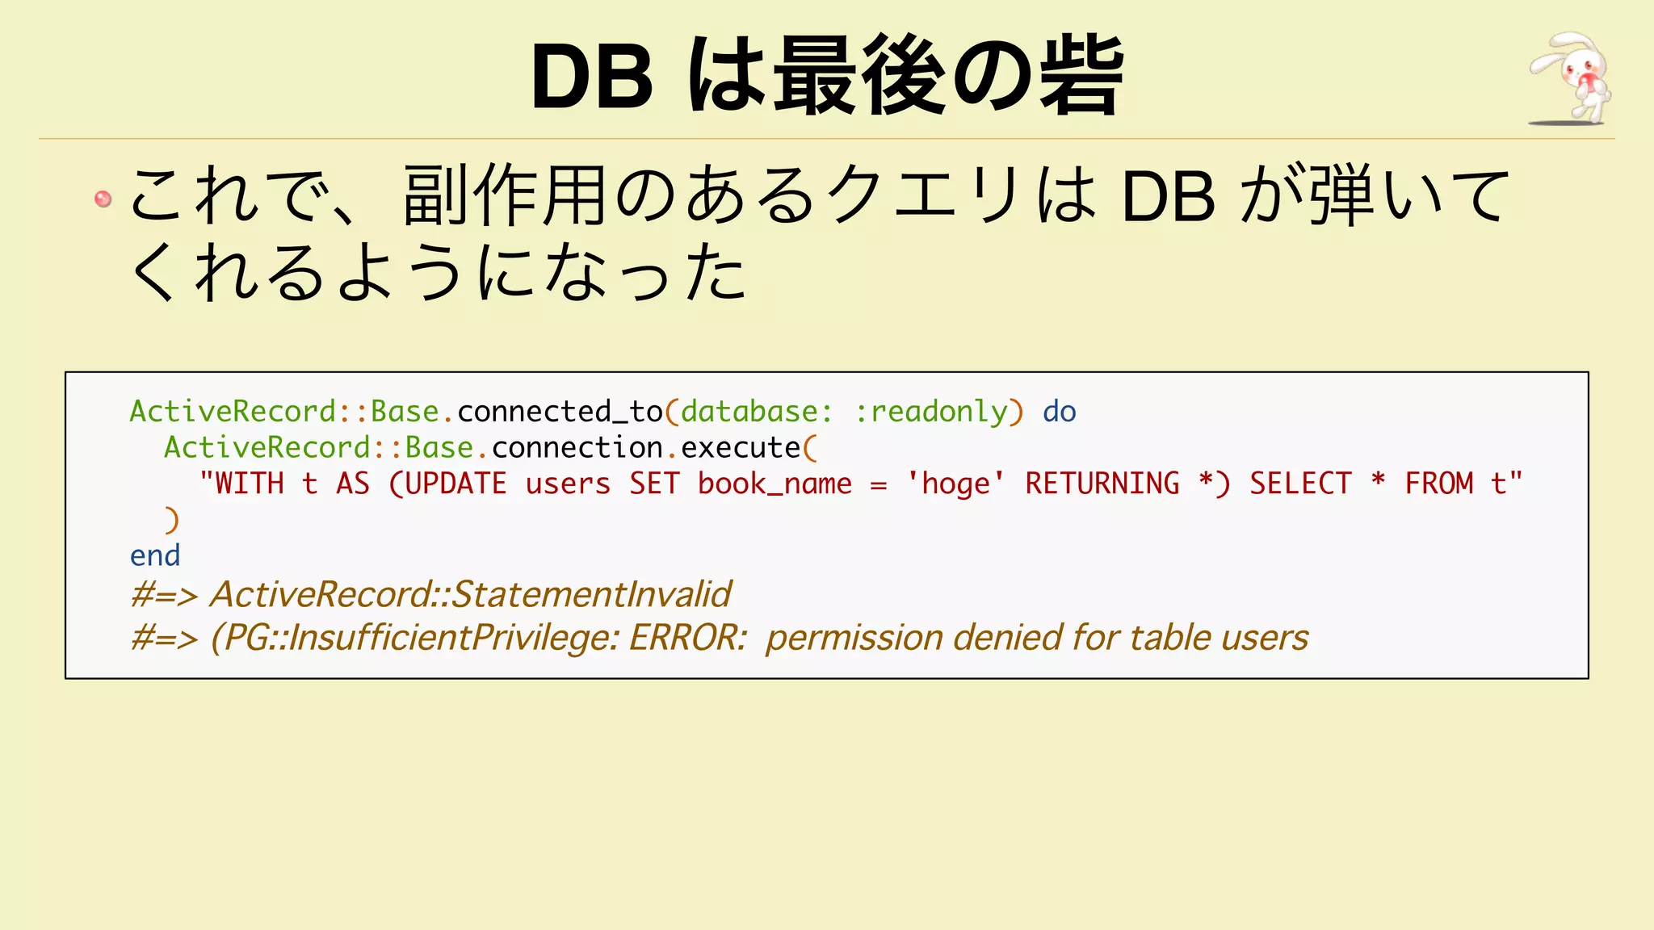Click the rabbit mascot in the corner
point(1570,79)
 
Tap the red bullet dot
point(103,199)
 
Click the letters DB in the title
point(592,77)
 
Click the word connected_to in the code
point(560,412)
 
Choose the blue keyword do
point(1059,412)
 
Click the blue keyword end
point(155,555)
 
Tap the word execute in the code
point(741,448)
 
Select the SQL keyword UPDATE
point(455,484)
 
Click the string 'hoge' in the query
point(955,484)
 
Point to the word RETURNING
point(1102,484)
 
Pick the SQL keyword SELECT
point(1300,484)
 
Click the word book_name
point(775,484)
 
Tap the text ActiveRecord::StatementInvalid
point(470,595)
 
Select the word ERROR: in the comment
point(688,638)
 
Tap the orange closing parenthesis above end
point(171,520)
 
